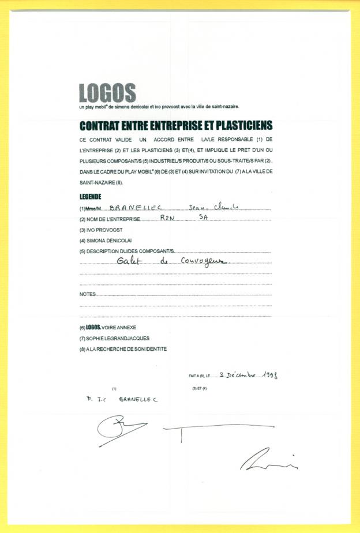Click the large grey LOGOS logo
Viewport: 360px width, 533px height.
click(107, 92)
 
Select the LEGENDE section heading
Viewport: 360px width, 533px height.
click(90, 197)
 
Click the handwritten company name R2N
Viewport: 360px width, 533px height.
click(166, 218)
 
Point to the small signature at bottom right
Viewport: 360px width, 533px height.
click(268, 459)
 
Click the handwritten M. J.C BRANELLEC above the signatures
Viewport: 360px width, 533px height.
click(119, 399)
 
